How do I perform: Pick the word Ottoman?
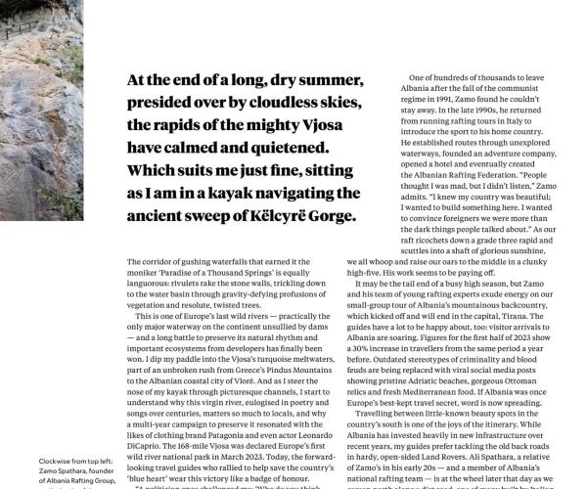[536, 377]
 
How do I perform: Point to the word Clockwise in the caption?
[27, 460]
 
